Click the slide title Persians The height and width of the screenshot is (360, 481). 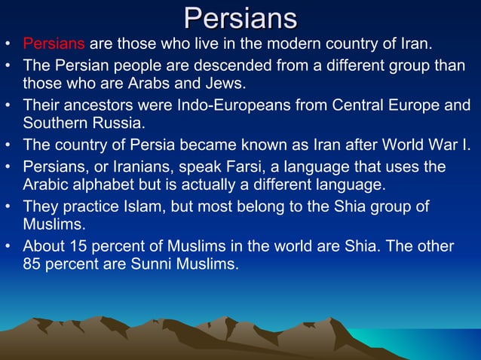pyautogui.click(x=240, y=17)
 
